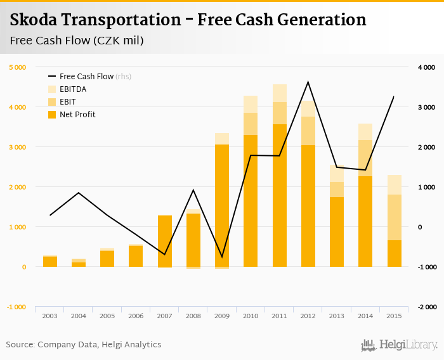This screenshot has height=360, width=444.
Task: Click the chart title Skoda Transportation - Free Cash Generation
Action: (x=188, y=20)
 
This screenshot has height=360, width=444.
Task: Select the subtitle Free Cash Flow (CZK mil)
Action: (x=77, y=41)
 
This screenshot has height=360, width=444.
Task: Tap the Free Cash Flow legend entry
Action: (x=86, y=76)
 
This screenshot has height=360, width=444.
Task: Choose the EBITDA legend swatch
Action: (x=53, y=89)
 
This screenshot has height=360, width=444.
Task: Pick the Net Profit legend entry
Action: (x=77, y=115)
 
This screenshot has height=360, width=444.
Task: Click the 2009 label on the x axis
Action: (x=222, y=315)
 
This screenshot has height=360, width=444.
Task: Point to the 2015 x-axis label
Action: (x=394, y=315)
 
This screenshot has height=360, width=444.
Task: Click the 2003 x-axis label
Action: (x=50, y=315)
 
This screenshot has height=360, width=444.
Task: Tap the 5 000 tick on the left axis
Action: (x=17, y=67)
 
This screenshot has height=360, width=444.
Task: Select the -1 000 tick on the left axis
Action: (x=16, y=307)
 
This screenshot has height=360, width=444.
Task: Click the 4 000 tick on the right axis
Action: (x=426, y=67)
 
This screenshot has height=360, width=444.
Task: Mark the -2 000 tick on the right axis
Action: (x=426, y=307)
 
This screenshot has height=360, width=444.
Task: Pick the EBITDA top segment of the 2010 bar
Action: (x=251, y=104)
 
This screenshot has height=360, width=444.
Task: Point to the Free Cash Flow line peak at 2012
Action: (x=308, y=82)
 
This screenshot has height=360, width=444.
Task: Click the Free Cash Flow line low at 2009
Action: (x=222, y=257)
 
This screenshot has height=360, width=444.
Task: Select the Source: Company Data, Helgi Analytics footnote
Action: (x=84, y=345)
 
